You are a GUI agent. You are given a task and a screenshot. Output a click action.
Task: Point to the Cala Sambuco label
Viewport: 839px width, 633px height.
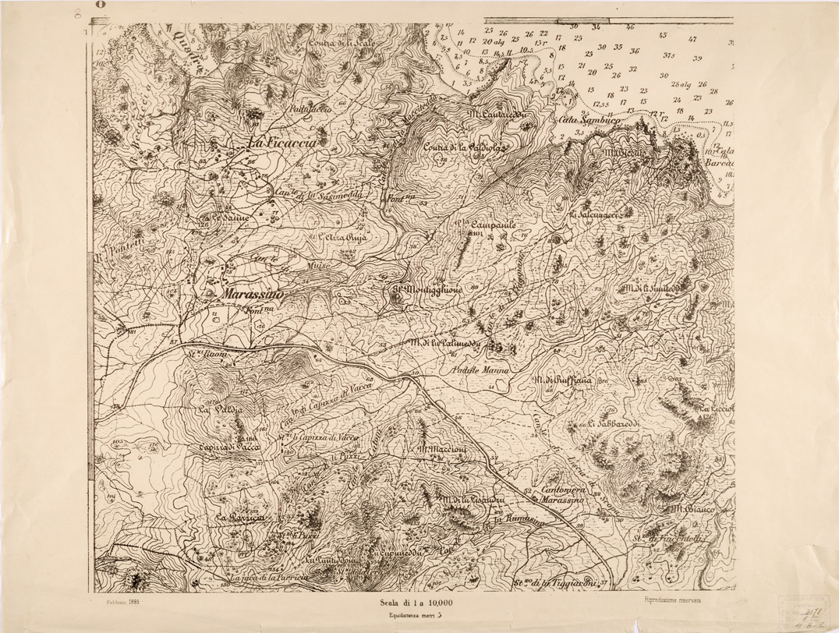point(587,121)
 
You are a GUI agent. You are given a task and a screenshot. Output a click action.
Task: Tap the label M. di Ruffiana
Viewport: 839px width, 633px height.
point(563,380)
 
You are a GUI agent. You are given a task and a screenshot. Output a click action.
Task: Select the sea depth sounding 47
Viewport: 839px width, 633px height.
point(692,39)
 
